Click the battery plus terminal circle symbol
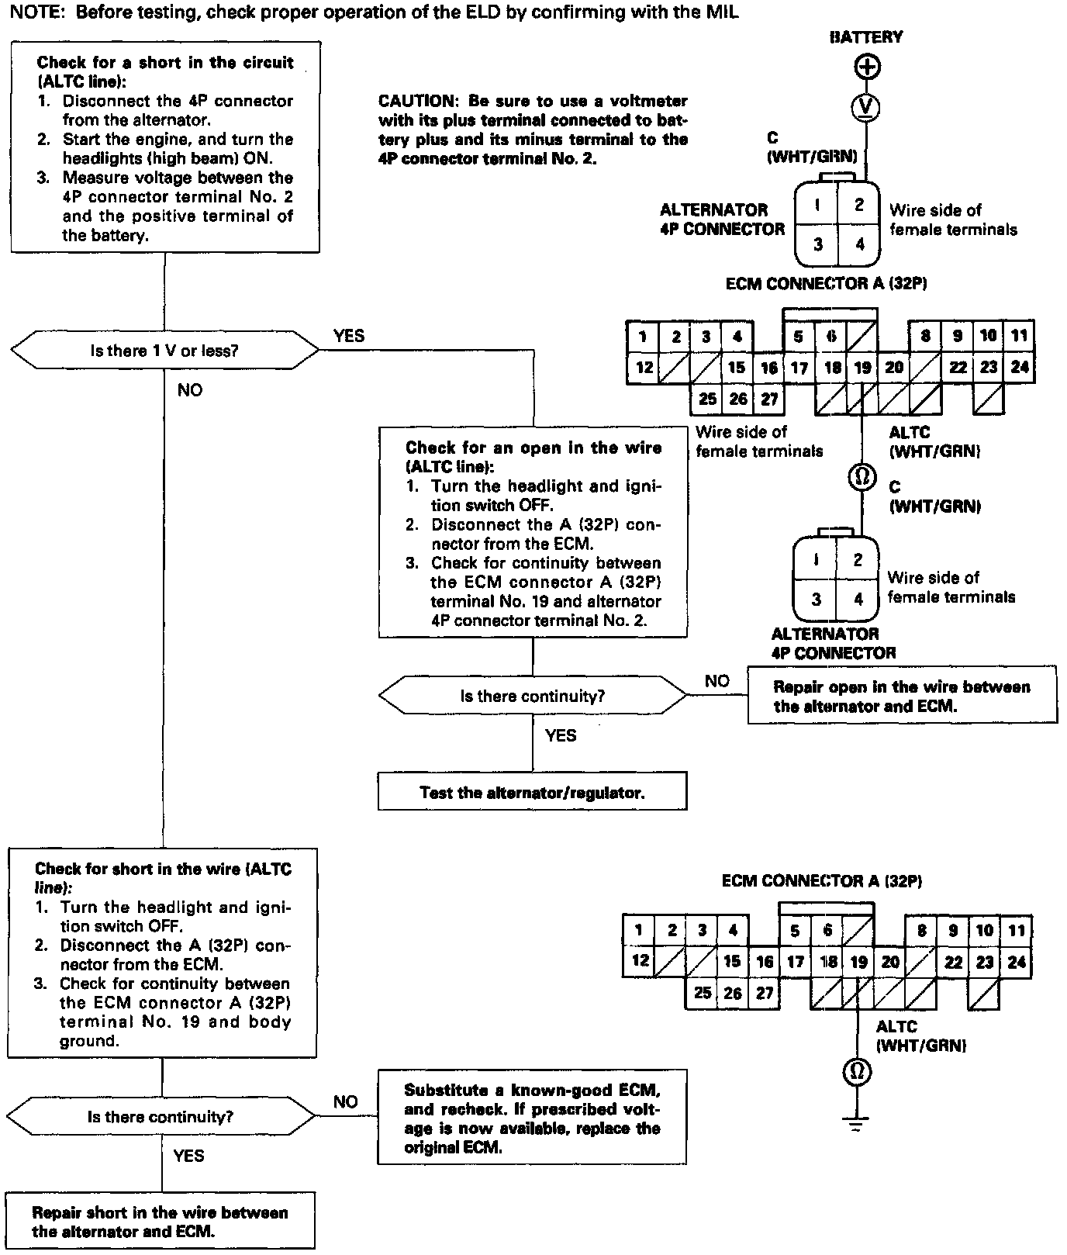click(866, 67)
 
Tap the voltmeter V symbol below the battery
click(866, 106)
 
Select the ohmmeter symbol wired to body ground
click(856, 1071)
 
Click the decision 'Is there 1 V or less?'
click(164, 351)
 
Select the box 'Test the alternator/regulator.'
click(532, 792)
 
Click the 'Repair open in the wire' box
click(902, 696)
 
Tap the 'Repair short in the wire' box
click(161, 1222)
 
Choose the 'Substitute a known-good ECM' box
click(532, 1118)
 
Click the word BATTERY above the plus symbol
click(865, 37)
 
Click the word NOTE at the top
click(25, 12)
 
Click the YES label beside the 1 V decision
click(348, 336)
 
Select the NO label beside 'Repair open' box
click(717, 680)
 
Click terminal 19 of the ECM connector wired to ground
click(858, 963)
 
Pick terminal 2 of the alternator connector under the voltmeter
click(859, 205)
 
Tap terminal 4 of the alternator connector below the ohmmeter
click(858, 599)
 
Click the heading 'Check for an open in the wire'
click(533, 448)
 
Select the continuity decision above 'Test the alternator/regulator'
click(532, 696)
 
